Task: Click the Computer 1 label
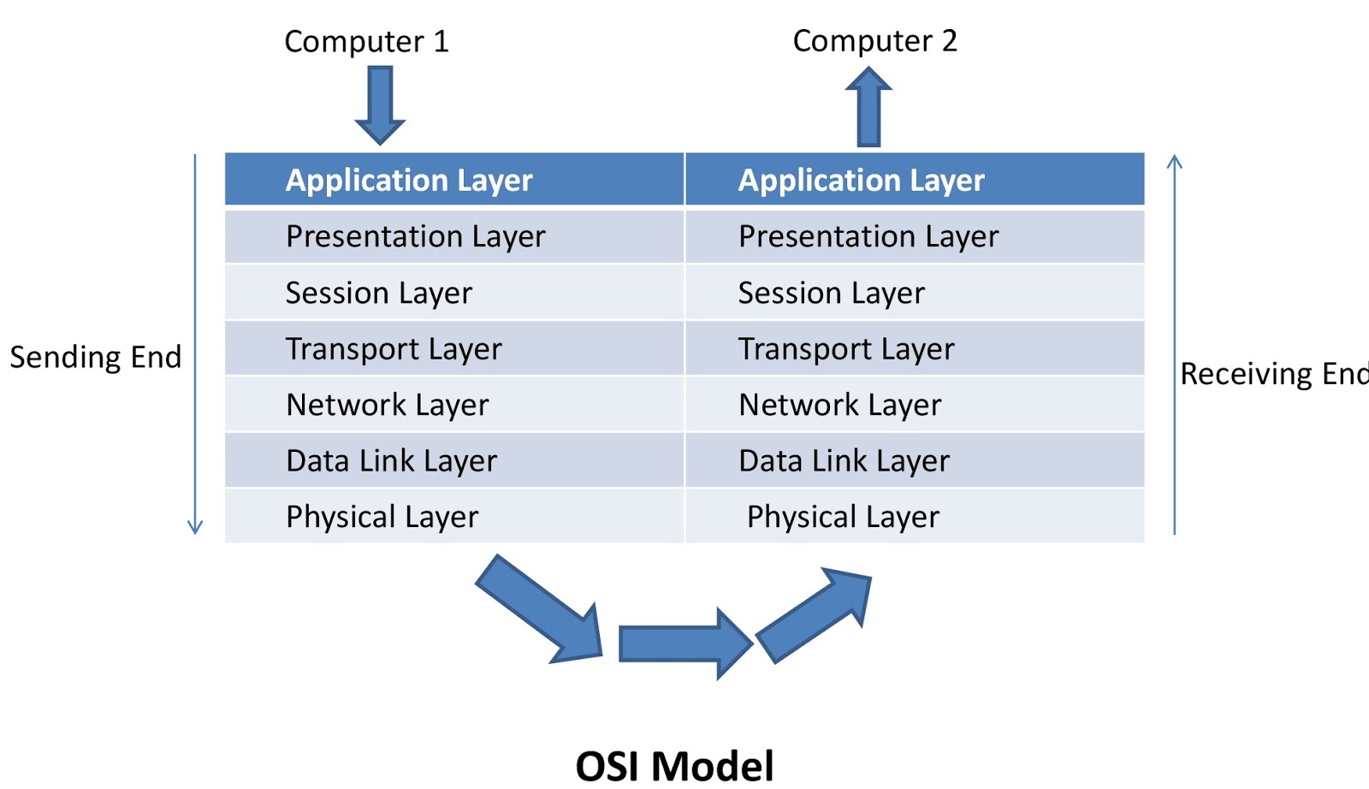(x=366, y=41)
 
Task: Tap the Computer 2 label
(x=874, y=40)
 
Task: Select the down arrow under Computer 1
(x=380, y=105)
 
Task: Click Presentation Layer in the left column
(x=415, y=236)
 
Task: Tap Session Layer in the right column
(x=831, y=294)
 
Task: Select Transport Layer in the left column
(x=394, y=349)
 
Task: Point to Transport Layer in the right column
(x=846, y=349)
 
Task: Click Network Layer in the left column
(x=387, y=405)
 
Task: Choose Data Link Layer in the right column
(x=844, y=461)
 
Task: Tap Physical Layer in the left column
(x=382, y=517)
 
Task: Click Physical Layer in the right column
(x=843, y=517)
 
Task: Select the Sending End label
(x=95, y=357)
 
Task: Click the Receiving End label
(x=1273, y=374)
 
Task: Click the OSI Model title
(x=674, y=765)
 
